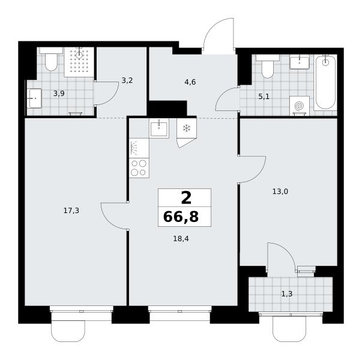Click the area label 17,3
(x=71, y=211)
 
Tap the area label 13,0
(x=280, y=191)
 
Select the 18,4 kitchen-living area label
(x=181, y=239)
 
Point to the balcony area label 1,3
(x=287, y=294)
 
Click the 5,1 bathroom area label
(x=264, y=97)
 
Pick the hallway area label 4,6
(x=190, y=82)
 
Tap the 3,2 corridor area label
(x=127, y=80)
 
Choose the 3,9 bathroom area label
(x=59, y=94)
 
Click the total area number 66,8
(x=181, y=217)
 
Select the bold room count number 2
(x=186, y=198)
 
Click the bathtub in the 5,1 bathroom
(x=325, y=82)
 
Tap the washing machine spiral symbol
(x=300, y=106)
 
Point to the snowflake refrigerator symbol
(x=186, y=128)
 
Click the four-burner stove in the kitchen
(x=139, y=168)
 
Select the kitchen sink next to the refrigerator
(x=159, y=128)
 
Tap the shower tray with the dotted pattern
(x=79, y=62)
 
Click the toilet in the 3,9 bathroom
(x=51, y=59)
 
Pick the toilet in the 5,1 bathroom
(x=268, y=67)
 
